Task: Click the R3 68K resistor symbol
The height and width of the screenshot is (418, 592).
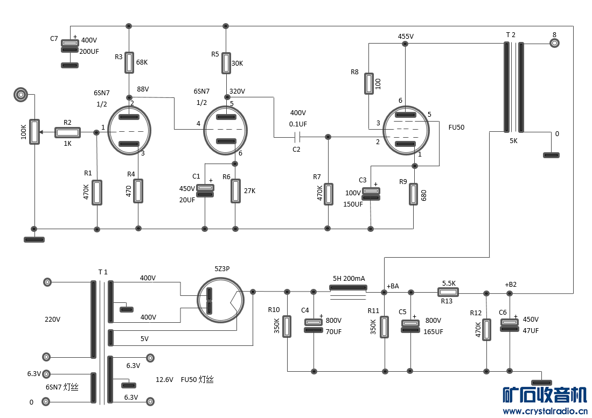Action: click(x=129, y=62)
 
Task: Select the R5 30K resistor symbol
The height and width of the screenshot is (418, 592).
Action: click(x=226, y=63)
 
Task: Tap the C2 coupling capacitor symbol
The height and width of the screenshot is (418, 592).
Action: click(x=297, y=137)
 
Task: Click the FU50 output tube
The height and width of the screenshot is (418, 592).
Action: click(x=406, y=131)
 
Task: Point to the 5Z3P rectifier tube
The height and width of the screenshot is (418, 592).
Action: click(x=221, y=300)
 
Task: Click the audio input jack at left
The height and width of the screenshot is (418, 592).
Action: click(x=21, y=94)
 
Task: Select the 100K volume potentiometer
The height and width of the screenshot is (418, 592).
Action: click(x=34, y=132)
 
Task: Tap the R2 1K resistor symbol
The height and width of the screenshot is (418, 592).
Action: click(x=67, y=132)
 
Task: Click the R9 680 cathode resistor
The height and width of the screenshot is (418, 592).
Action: click(x=413, y=194)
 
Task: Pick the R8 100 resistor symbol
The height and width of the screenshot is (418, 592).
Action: click(x=369, y=83)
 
